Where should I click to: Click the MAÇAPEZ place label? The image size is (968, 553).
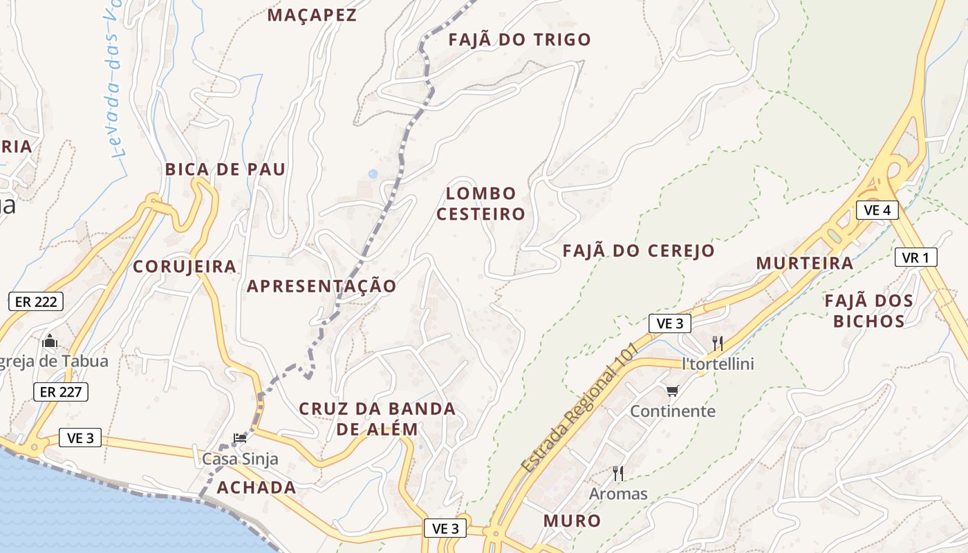312,15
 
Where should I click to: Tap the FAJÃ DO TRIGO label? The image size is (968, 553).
519,39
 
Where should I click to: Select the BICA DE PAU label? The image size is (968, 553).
225,169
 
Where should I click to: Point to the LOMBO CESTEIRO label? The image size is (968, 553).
481,203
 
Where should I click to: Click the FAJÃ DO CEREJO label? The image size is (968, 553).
638,250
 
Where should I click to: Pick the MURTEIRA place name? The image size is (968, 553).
804,263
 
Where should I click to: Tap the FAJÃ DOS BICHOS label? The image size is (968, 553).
868,311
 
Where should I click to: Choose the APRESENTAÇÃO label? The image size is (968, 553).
322,286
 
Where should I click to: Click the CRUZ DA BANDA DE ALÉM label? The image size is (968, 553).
377,419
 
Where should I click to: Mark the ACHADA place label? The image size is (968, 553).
257,487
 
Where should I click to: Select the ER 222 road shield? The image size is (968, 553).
36,301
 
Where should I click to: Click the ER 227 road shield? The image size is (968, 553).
61,392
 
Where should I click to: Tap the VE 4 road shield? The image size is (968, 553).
877,210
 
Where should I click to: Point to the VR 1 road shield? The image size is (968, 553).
915,258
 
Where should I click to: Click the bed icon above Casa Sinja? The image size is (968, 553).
240,438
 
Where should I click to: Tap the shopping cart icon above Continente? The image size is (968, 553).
672,391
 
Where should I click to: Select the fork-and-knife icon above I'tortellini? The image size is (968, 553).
718,343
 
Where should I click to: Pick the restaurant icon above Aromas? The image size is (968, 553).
618,474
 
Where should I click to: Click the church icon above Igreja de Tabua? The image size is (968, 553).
50,341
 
